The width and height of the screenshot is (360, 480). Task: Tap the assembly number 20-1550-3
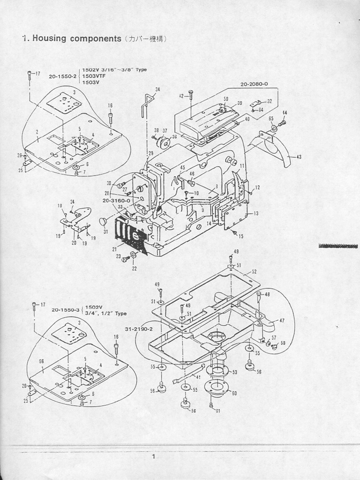[x=66, y=310]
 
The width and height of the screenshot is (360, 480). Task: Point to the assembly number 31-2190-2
[x=139, y=329]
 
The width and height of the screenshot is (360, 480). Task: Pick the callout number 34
[x=157, y=90]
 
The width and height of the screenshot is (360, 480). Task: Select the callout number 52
[x=254, y=272]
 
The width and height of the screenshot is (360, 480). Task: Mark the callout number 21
[x=115, y=249]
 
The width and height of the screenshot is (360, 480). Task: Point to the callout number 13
[x=255, y=213]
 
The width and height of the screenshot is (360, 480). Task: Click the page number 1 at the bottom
[x=153, y=457]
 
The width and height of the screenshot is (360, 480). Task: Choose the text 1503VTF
[x=92, y=76]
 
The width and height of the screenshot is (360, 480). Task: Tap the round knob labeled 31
[x=103, y=221]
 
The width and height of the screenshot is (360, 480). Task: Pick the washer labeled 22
[x=133, y=255]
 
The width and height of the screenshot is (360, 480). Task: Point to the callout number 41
[x=199, y=377]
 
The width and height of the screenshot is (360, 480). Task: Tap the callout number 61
[x=217, y=411]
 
